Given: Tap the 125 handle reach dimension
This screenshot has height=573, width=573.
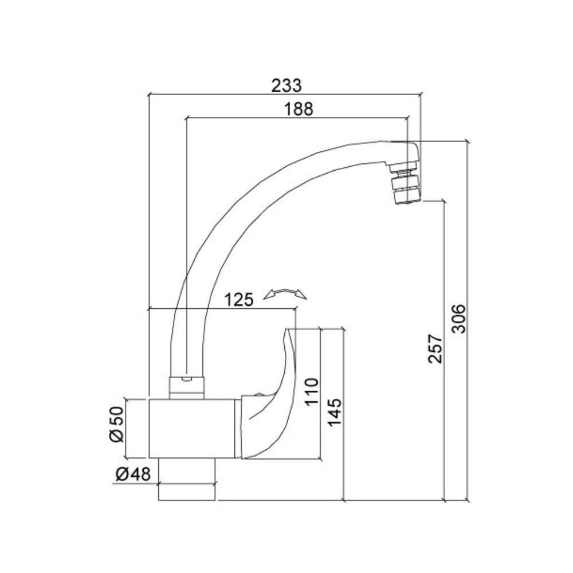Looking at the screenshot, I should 239,300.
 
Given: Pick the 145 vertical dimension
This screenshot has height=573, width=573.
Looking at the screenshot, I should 335,411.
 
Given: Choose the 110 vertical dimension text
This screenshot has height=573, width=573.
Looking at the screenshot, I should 311,391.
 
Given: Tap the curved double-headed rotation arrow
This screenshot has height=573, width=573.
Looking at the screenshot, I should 285,294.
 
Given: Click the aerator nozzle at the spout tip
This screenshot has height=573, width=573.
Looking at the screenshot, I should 406,186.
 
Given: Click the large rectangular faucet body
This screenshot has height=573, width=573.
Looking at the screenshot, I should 192,428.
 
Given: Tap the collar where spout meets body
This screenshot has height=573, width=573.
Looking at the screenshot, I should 186,387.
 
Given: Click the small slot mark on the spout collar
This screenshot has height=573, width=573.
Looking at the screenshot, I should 186,379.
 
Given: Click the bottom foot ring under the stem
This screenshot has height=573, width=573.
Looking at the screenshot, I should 187,492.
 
